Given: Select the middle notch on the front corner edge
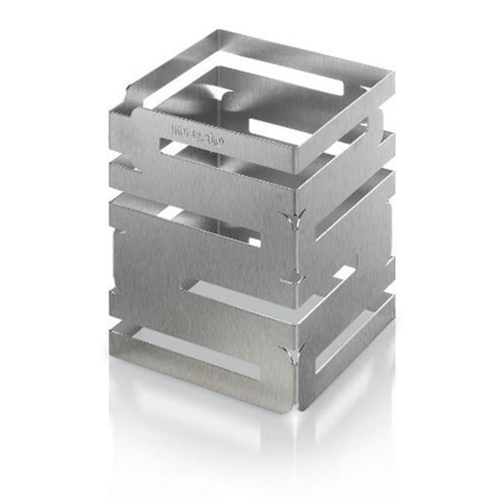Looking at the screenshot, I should point(293,279).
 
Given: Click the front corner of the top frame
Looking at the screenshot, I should point(297,170).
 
